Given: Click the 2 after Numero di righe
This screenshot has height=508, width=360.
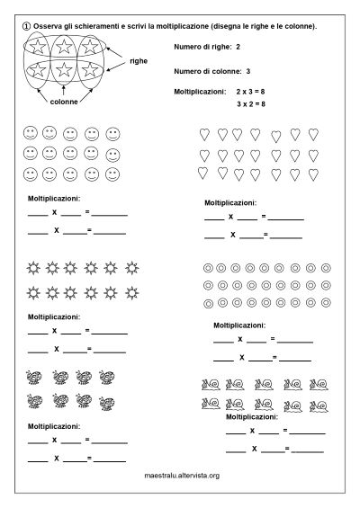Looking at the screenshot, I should pos(238,45).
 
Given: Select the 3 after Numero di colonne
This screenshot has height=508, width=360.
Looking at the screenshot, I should pos(247,69).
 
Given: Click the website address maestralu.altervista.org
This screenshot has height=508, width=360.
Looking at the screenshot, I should pos(183,476).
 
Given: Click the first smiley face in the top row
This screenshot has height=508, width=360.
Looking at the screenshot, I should pos(30,133).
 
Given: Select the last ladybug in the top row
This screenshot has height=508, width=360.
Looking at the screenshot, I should pos(106,379).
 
